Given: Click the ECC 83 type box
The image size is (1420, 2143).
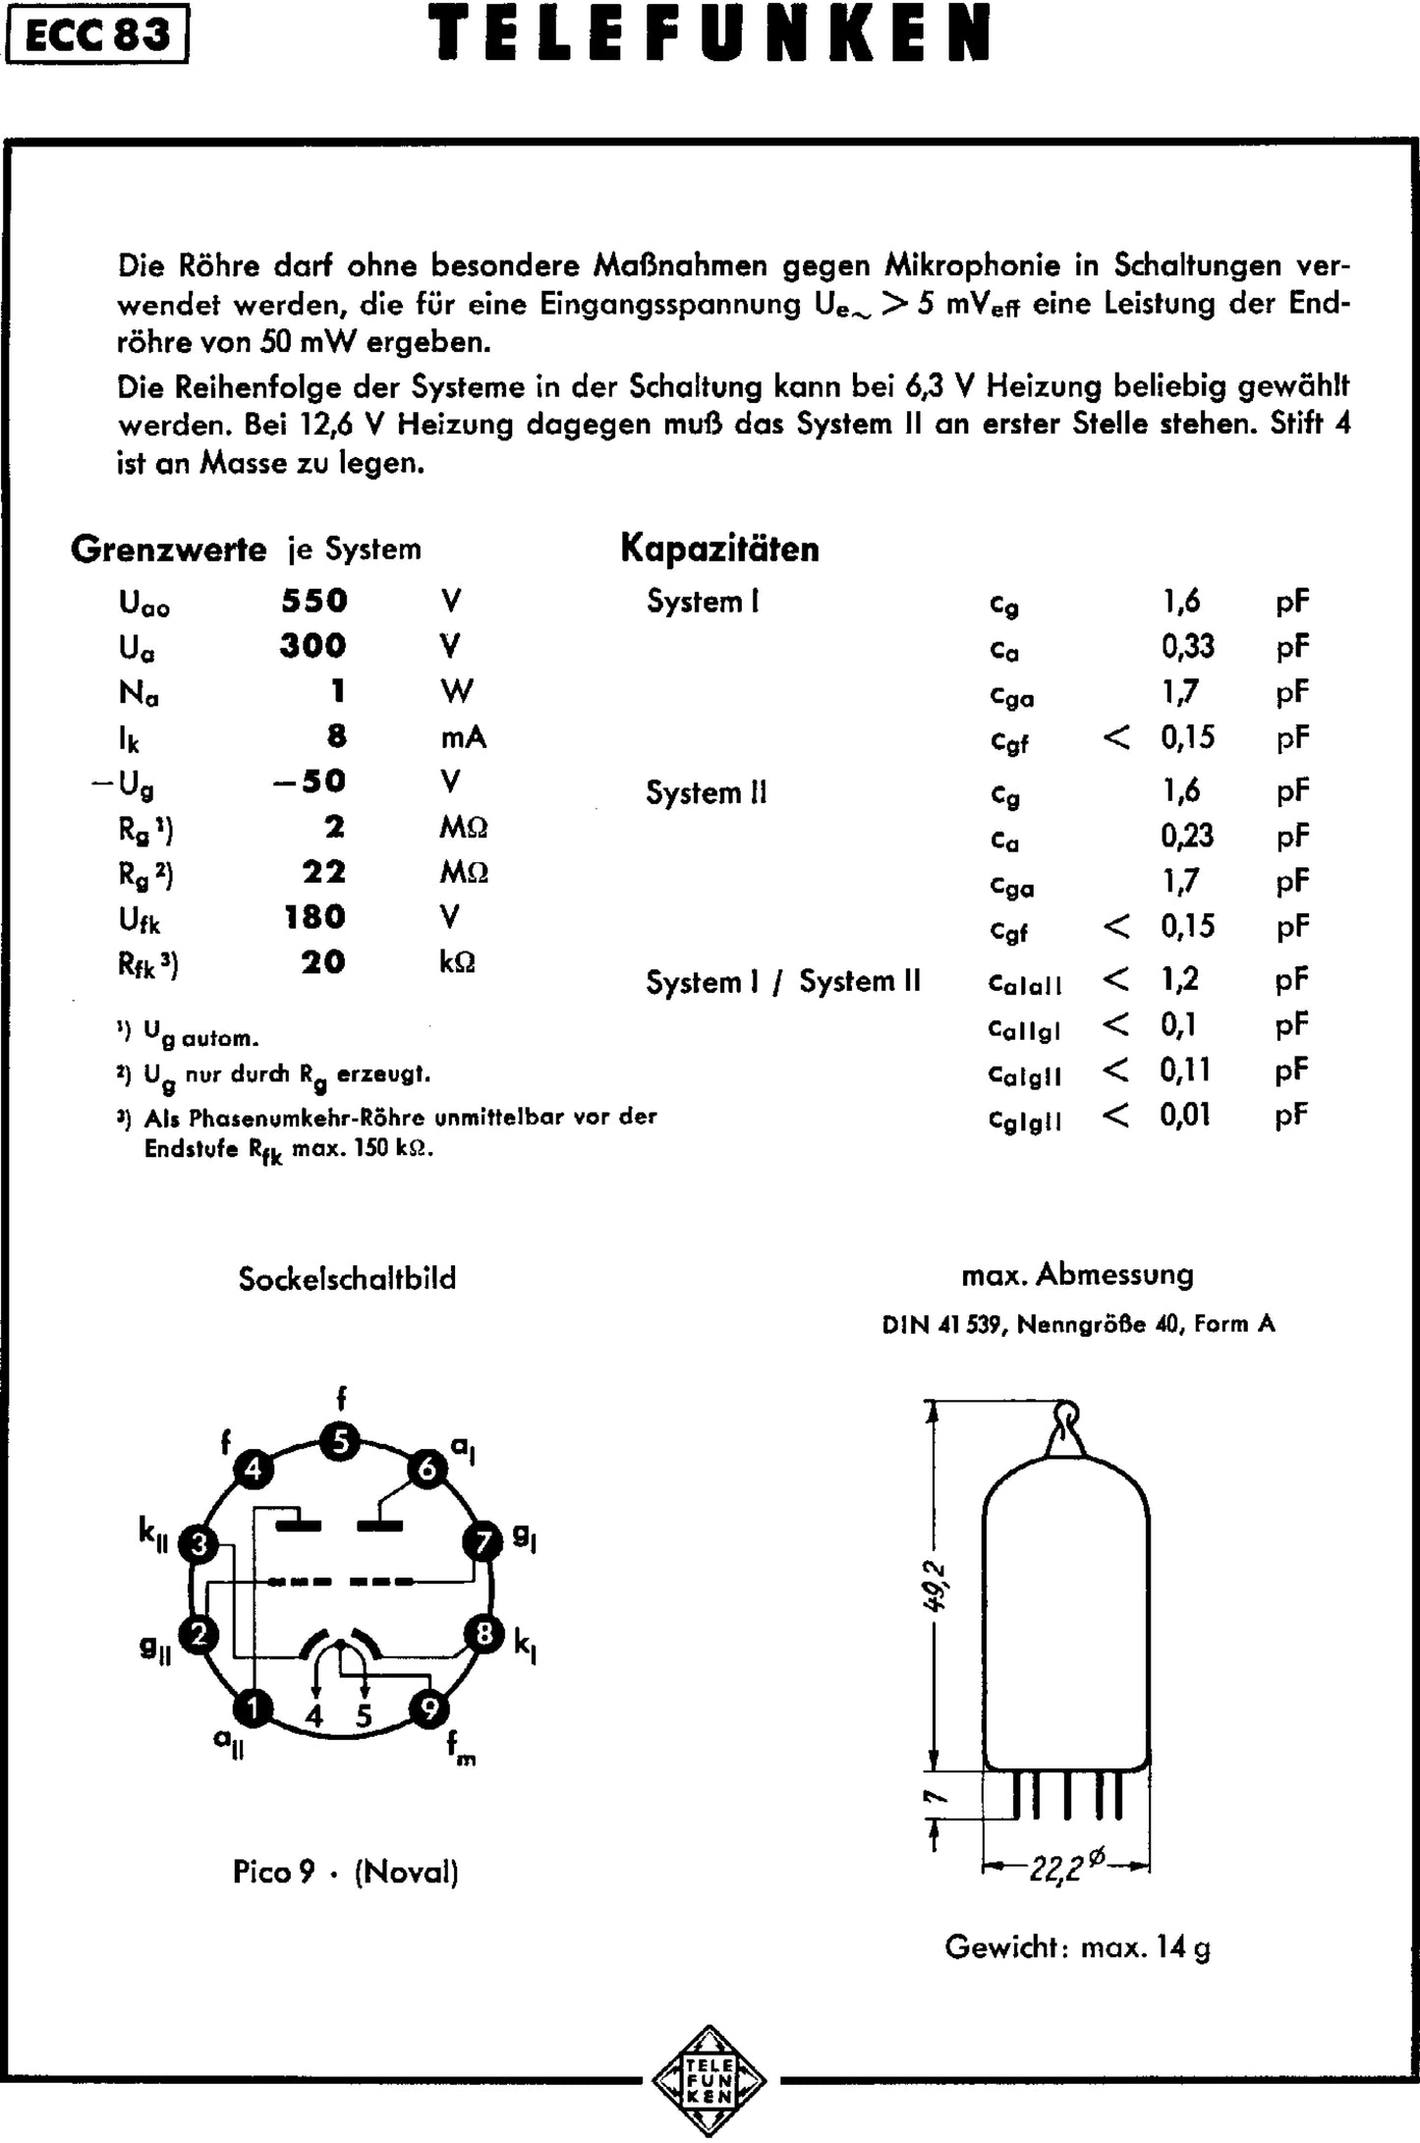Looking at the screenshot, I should pos(96,36).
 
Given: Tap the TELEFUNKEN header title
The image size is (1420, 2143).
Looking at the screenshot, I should pos(710,34).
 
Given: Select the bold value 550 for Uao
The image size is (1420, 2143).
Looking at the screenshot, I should pos(314,601).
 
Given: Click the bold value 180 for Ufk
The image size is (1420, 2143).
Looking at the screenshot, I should pos(315,917).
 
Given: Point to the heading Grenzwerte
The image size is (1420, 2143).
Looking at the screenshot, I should pos(168,549).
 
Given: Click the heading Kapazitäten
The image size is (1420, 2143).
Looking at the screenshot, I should pos(719,549).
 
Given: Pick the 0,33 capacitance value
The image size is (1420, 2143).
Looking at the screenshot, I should pos(1187,647).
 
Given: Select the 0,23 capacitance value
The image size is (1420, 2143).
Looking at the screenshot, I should pos(1187,837).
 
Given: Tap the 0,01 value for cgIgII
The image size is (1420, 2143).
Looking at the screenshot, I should pos(1184,1116).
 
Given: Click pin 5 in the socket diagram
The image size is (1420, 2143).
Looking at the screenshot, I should pos(340,1443).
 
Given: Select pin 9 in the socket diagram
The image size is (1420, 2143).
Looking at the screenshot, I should pos(428,1710).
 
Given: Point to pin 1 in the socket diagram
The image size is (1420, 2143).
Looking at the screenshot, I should pos(254,1710).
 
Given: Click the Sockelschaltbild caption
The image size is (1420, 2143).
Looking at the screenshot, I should pos(347,1279).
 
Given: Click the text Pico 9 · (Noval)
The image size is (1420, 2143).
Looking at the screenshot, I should pos(346,1872).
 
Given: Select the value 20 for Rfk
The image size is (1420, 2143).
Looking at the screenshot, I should pos(322,962).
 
